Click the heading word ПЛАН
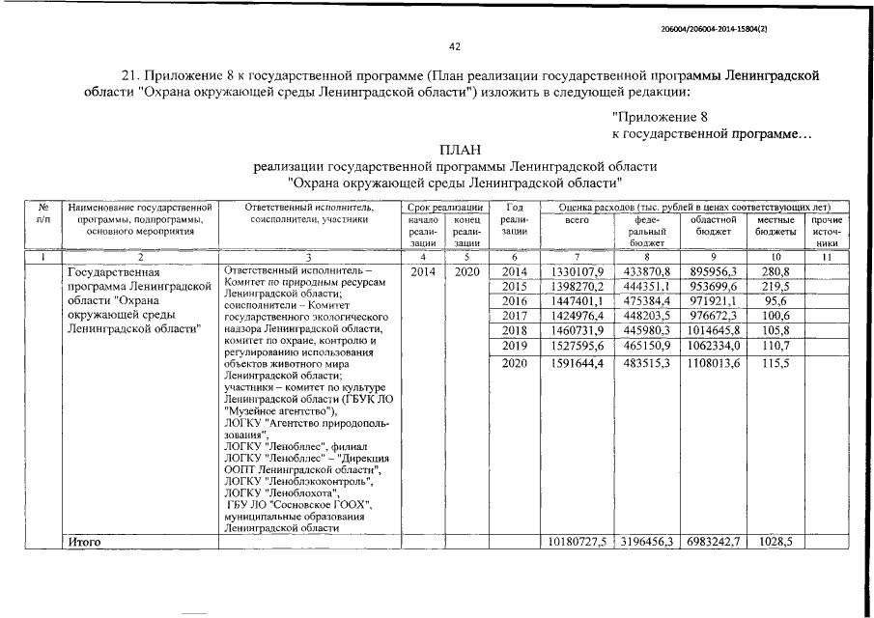pos(455,150)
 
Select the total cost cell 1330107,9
pos(576,271)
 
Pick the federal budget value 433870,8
pos(649,271)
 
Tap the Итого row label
pos(86,543)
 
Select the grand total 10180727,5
pos(576,543)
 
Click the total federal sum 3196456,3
pos(649,543)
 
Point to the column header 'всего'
pos(576,220)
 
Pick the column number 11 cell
pos(827,257)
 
